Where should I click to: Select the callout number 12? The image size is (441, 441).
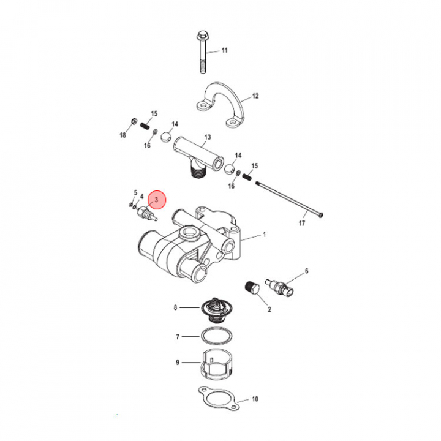point(255,97)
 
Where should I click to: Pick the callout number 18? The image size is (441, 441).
point(122,135)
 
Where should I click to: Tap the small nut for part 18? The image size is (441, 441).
point(135,119)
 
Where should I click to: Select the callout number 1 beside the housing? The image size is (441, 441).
point(265,235)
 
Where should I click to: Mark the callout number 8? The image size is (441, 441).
point(176,307)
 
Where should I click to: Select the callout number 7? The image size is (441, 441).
point(178,337)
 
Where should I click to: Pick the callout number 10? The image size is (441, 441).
point(255,399)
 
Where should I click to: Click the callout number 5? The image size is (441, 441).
point(135,192)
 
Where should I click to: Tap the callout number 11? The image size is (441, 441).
point(224,50)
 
